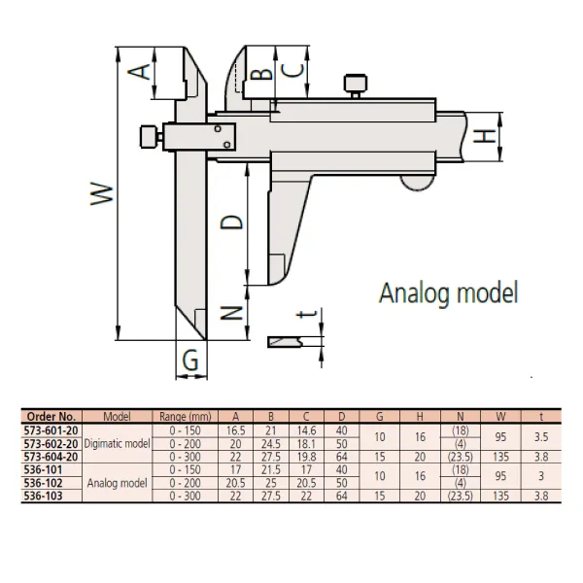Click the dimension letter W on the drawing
pyautogui.click(x=102, y=193)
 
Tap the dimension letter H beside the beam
pyautogui.click(x=484, y=136)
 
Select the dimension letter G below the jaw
pyautogui.click(x=190, y=360)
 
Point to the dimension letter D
pyautogui.click(x=231, y=222)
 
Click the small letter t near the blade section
pyautogui.click(x=307, y=314)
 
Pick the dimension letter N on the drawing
pyautogui.click(x=231, y=314)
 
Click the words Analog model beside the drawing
pyautogui.click(x=448, y=293)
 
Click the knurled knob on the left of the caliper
pyautogui.click(x=151, y=137)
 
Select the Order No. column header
pyautogui.click(x=51, y=417)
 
